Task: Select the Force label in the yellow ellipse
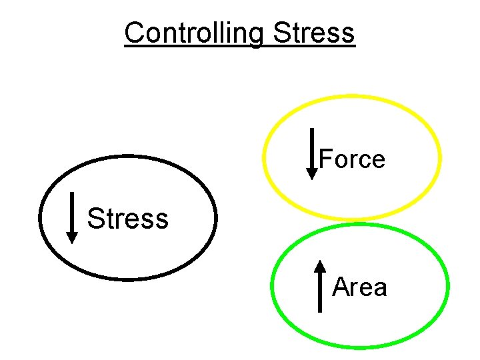pyautogui.click(x=352, y=159)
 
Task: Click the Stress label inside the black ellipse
pyautogui.click(x=128, y=218)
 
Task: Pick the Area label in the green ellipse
pyautogui.click(x=359, y=287)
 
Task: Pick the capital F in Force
pyautogui.click(x=325, y=159)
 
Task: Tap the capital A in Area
pyautogui.click(x=340, y=287)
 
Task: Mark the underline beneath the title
pyautogui.click(x=240, y=46)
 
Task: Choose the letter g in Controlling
pyautogui.click(x=255, y=35)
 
